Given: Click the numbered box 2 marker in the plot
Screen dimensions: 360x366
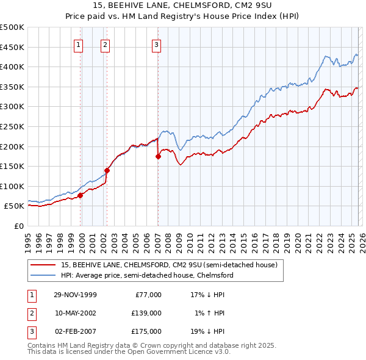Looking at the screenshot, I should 106,44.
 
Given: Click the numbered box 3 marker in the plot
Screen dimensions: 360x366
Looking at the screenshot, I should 157,44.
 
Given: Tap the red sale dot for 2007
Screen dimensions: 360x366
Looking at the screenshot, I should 158,156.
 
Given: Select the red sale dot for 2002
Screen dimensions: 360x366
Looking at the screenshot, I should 107,171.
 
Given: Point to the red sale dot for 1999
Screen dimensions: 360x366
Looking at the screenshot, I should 81,195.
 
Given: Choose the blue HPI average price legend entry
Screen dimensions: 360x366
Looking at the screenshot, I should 147,275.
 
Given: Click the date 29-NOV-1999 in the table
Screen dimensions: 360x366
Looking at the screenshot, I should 75,294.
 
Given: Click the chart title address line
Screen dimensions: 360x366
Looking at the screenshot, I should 183,7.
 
